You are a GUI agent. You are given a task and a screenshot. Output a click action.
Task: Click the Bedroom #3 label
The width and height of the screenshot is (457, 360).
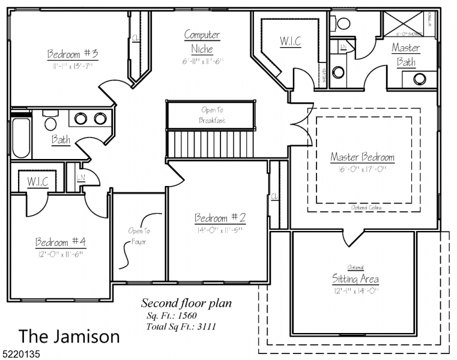73,55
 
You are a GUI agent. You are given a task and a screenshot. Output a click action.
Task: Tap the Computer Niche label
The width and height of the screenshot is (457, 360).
202,42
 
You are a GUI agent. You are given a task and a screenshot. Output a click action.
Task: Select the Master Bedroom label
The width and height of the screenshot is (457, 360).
362,157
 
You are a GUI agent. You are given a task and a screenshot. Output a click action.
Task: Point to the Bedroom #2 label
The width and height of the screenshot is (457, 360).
220,218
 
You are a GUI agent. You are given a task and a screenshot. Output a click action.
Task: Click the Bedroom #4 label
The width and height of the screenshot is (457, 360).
61,242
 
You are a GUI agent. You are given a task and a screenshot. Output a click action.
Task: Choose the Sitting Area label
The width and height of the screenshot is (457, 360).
356,279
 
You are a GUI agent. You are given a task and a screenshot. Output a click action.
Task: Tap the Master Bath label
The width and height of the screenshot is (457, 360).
406,54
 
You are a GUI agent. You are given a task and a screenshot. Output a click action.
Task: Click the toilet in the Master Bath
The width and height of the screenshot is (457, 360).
343,23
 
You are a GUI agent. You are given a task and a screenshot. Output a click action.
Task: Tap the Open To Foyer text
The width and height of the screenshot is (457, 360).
138,236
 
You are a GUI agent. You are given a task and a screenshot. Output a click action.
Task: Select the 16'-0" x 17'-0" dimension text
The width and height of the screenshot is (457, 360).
362,169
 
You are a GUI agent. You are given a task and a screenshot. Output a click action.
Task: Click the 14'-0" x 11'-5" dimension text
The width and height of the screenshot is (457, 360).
220,230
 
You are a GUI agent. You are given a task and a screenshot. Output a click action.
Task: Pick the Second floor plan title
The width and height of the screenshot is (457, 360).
186,303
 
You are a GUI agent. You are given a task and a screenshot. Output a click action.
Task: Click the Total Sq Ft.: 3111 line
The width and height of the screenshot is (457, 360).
181,327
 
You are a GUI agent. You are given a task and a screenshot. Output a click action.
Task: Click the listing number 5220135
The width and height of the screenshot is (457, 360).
20,354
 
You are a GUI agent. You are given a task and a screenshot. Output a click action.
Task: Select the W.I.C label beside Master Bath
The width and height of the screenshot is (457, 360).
291,41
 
